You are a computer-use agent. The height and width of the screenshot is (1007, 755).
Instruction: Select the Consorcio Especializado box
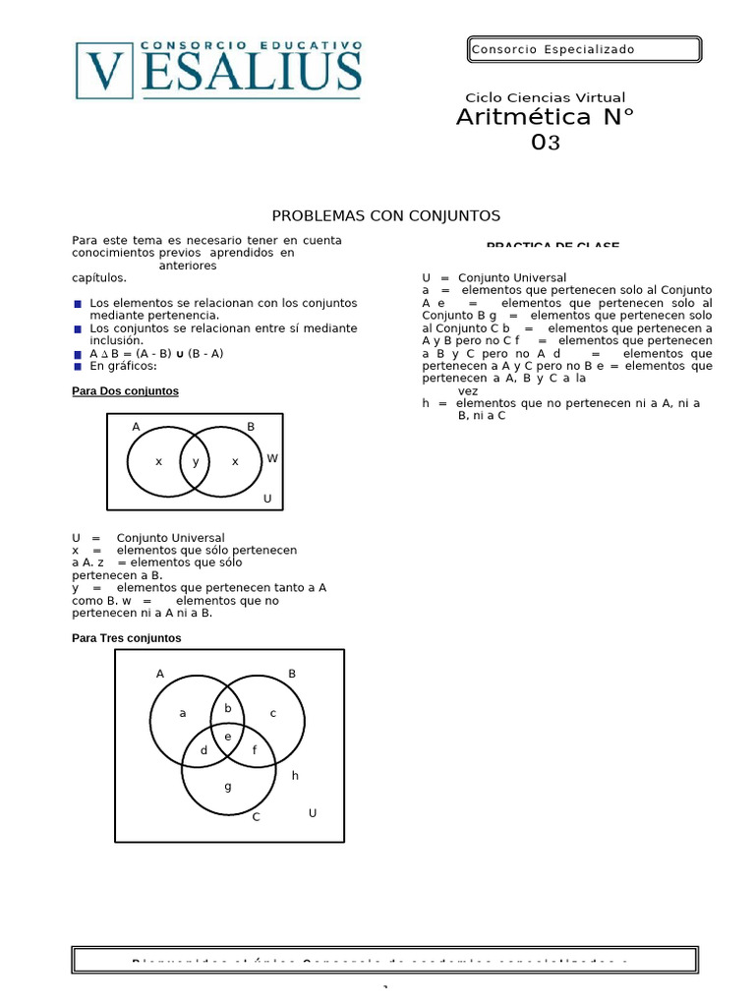tap(583, 49)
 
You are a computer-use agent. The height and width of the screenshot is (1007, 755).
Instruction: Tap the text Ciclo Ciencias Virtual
tap(545, 97)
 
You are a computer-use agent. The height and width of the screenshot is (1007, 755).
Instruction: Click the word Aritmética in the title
tap(524, 118)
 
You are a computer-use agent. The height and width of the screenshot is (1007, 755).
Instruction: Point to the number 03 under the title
tap(545, 143)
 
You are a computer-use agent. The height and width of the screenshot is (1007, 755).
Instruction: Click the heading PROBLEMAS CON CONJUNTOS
tap(386, 215)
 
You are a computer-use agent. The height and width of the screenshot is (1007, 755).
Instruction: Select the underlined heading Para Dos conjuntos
tap(125, 390)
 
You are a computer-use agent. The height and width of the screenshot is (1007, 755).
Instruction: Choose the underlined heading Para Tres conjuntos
tap(127, 637)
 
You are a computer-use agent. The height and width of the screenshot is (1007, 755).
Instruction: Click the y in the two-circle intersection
tap(196, 461)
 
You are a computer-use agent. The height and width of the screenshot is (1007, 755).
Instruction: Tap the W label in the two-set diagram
tap(272, 458)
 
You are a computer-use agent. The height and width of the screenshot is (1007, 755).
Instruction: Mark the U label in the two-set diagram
tap(266, 499)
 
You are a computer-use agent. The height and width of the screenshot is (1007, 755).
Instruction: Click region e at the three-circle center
tap(228, 736)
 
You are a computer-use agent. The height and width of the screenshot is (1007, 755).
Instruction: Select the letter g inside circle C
tap(228, 786)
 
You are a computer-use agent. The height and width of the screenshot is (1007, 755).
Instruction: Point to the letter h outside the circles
tap(294, 775)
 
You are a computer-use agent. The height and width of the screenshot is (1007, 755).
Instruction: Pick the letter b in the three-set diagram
tap(228, 708)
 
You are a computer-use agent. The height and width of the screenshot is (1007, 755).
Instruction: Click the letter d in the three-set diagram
tap(203, 750)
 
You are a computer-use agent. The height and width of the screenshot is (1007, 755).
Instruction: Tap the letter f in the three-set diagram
tap(255, 750)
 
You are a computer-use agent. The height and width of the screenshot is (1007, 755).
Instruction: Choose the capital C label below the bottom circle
tap(256, 816)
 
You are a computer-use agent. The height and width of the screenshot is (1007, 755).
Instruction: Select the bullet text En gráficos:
tap(123, 365)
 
